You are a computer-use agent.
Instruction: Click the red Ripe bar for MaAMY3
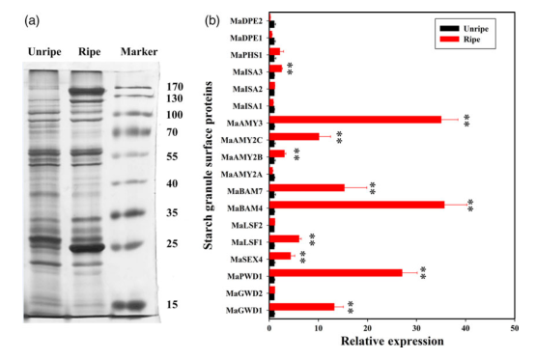[x=355, y=120]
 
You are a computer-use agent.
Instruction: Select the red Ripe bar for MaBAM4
[x=357, y=205]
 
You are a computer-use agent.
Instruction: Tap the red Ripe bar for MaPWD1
[x=336, y=272]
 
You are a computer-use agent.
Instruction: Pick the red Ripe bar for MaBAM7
[x=307, y=187]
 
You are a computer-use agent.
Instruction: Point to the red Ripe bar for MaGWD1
[x=302, y=307]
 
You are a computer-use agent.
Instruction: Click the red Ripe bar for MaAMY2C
[x=295, y=137]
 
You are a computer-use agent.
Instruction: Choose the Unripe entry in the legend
[x=465, y=29]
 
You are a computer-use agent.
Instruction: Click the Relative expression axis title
[x=392, y=342]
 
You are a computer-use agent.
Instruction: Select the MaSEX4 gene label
[x=246, y=260]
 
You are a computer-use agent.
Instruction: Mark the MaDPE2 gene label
[x=246, y=21]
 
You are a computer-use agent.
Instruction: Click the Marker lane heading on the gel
[x=139, y=51]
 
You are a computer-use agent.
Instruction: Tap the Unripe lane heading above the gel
[x=44, y=52]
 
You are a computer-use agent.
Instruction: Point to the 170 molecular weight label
[x=175, y=87]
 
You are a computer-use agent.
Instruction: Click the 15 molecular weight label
[x=172, y=304]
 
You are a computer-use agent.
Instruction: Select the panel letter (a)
[x=32, y=21]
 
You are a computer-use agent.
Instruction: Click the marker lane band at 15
[x=129, y=305]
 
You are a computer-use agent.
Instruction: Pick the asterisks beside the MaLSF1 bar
[x=312, y=239]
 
